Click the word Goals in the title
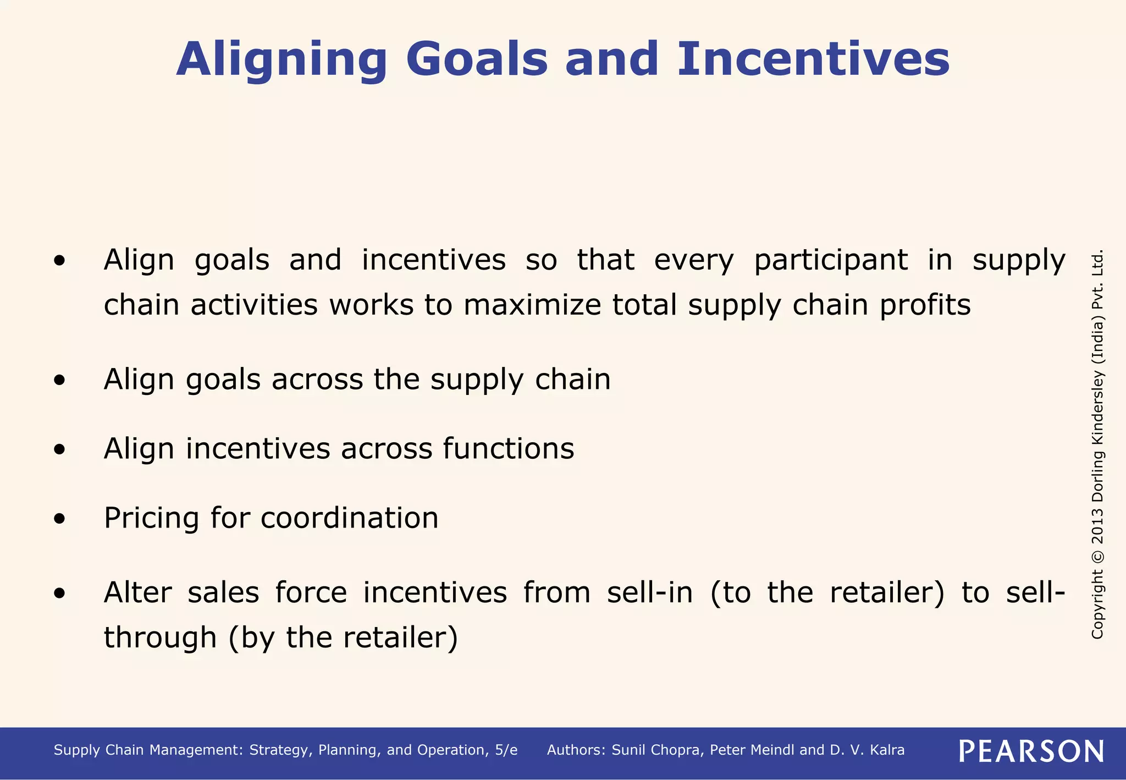(x=477, y=59)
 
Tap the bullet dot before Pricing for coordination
(x=60, y=518)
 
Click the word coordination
(x=349, y=518)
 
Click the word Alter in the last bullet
(x=137, y=593)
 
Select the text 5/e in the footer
(x=506, y=750)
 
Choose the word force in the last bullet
(x=311, y=593)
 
